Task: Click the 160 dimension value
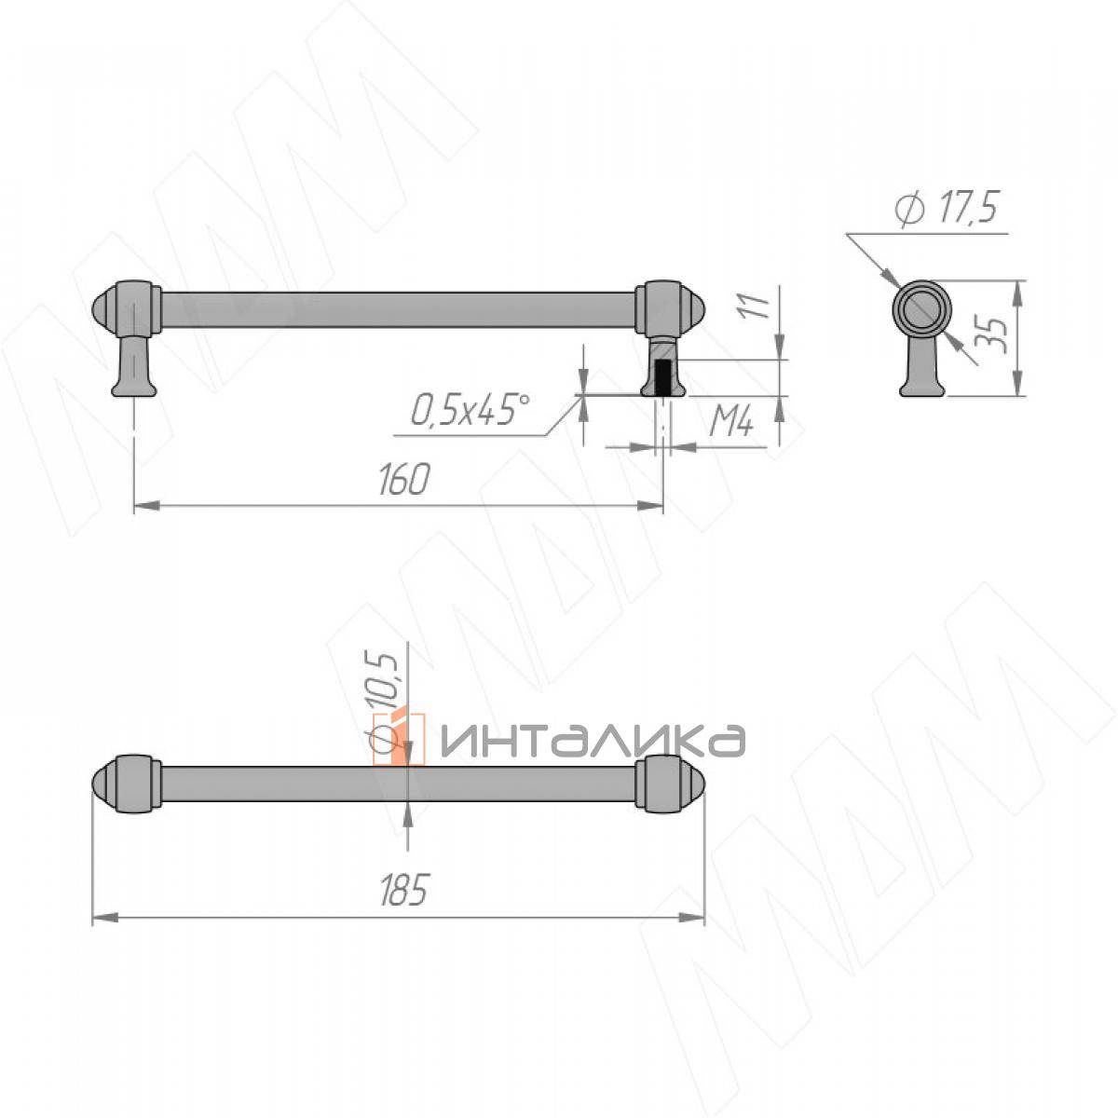tap(403, 479)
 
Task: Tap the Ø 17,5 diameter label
tap(947, 209)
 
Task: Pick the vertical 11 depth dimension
tap(756, 306)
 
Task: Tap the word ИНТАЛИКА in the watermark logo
tap(592, 741)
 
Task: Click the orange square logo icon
tap(399, 739)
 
